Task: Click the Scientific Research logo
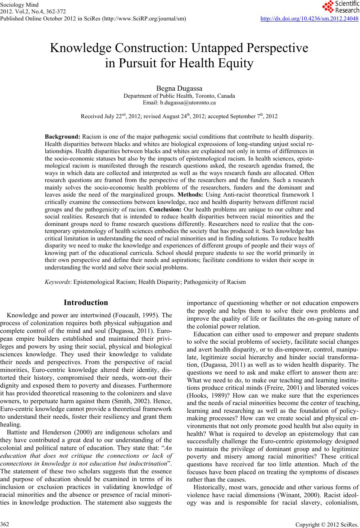tap(341, 7)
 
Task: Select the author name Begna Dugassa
tap(179, 88)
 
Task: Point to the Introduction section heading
tap(86, 302)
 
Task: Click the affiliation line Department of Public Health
tap(179, 96)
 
